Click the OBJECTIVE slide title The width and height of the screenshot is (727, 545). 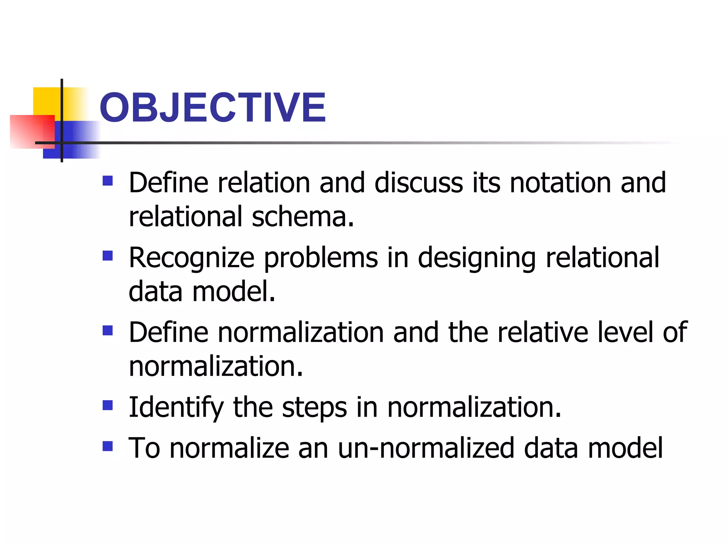click(212, 107)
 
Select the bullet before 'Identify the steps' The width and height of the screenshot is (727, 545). click(108, 405)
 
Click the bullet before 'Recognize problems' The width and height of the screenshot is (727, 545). click(108, 255)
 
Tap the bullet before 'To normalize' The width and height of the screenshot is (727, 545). click(108, 446)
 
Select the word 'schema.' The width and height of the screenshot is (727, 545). click(303, 216)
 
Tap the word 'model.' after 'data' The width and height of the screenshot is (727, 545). click(234, 291)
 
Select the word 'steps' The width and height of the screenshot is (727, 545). click(314, 408)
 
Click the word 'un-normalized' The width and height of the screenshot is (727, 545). click(426, 448)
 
